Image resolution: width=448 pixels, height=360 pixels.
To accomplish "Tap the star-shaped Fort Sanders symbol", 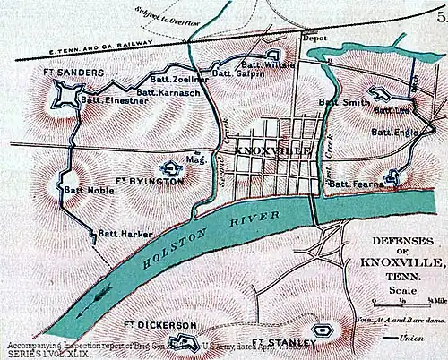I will pyautogui.click(x=67, y=95).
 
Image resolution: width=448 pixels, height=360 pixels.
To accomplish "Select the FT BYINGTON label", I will pyautogui.click(x=151, y=180).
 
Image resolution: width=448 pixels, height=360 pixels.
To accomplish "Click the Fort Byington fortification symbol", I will pyautogui.click(x=174, y=167).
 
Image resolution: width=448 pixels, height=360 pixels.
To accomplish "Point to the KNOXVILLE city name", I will pyautogui.click(x=272, y=151).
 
